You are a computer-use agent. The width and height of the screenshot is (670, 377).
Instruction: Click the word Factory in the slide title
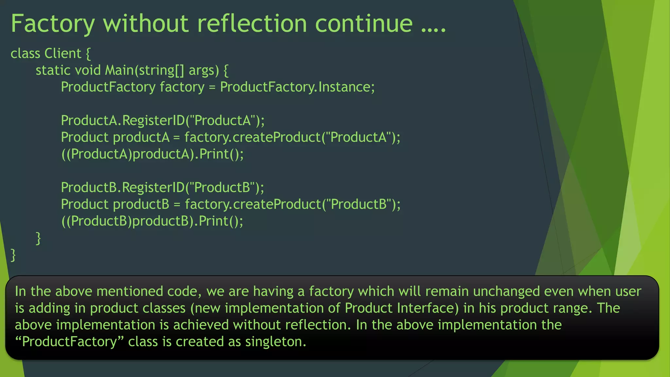point(53,24)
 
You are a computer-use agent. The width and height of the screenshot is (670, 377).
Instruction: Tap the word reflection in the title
point(252,24)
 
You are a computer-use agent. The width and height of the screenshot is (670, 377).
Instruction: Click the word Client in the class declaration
point(63,53)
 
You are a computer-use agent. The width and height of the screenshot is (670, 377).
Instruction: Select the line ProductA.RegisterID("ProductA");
point(163,120)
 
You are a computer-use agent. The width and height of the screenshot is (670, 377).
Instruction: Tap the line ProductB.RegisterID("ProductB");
point(162,188)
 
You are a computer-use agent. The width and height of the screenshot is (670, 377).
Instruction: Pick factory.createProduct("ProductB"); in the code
point(292,204)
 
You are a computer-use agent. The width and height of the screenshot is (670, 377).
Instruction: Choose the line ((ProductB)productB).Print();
point(152,221)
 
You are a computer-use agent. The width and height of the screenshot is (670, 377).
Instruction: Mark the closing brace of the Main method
point(38,238)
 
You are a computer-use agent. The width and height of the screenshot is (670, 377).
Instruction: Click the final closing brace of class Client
point(13,255)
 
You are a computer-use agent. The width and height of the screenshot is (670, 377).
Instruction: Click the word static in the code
point(53,70)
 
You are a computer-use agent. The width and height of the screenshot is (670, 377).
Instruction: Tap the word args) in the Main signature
point(204,70)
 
